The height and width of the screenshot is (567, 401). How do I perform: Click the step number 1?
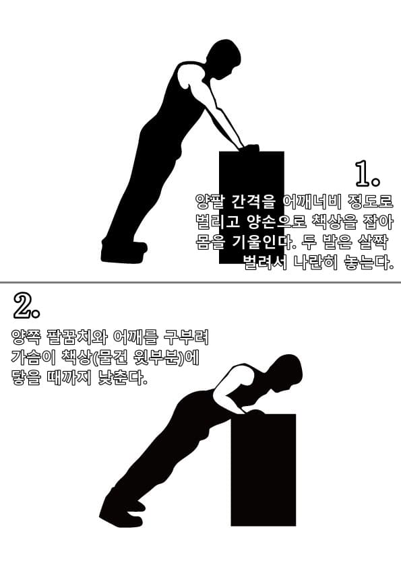(x=367, y=174)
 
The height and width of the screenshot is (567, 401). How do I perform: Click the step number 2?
(x=27, y=306)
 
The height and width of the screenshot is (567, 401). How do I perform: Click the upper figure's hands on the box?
(x=249, y=148)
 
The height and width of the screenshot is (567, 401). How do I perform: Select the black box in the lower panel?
(x=264, y=470)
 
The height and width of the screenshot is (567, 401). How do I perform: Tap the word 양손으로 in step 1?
(x=278, y=222)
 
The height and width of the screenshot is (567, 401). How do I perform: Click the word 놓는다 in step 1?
(x=368, y=262)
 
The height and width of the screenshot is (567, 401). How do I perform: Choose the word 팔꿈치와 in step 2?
(x=77, y=337)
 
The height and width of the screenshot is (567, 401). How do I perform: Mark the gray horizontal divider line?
(x=201, y=282)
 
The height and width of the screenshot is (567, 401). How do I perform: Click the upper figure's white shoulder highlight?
(x=183, y=76)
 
